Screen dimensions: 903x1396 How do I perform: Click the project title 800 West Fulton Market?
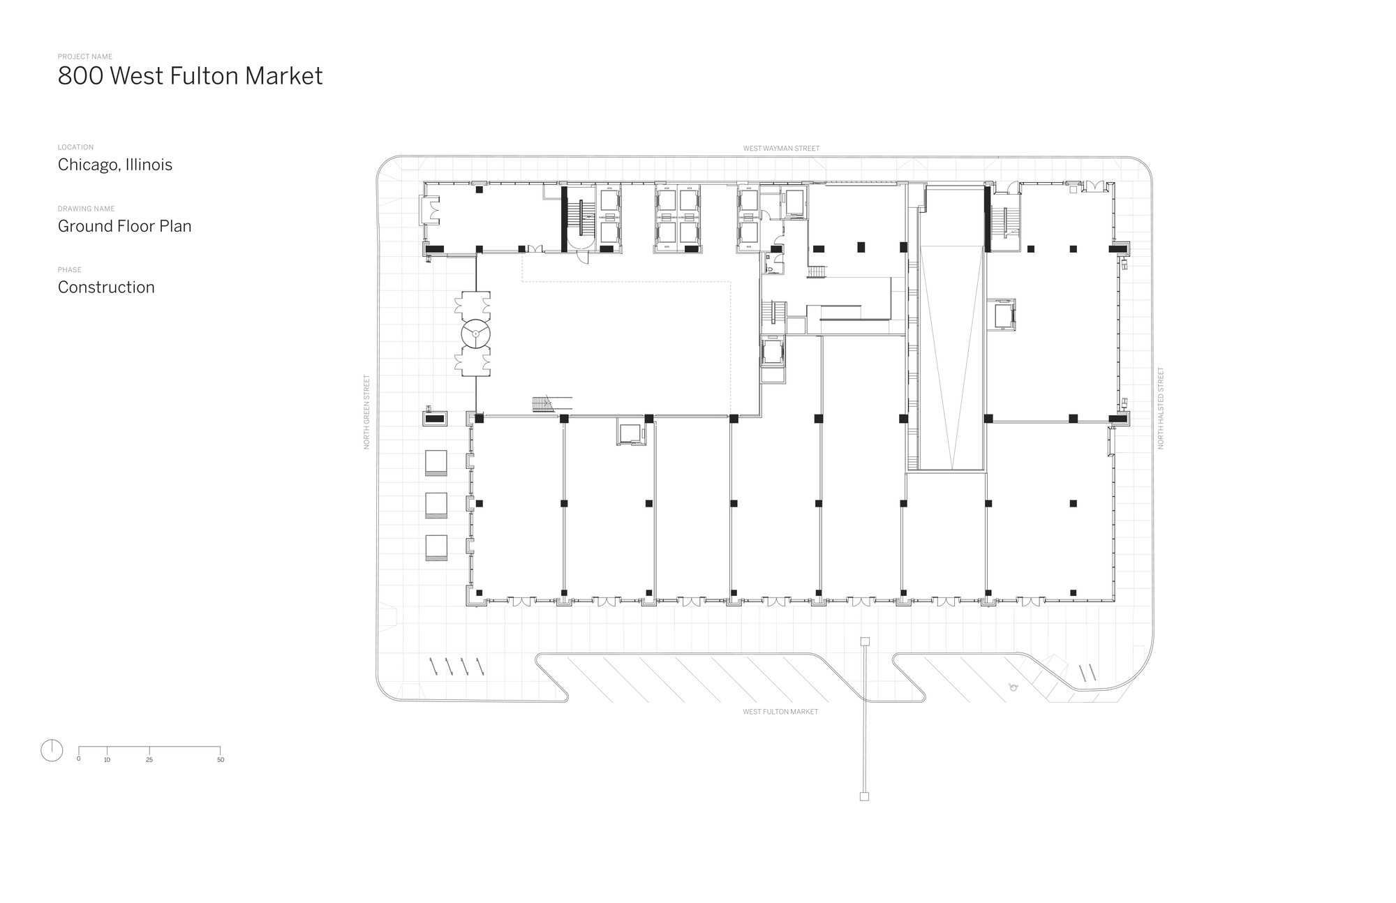coord(190,76)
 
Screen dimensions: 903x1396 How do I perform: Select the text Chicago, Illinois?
coord(115,165)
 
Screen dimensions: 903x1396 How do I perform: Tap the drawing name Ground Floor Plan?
coord(124,226)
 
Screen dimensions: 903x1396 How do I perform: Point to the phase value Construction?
coord(106,288)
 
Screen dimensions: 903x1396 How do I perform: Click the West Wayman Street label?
coord(781,149)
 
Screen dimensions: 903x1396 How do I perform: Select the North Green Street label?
coord(367,412)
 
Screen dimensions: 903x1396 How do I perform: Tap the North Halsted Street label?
coord(1161,408)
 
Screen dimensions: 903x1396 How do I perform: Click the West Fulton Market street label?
coord(780,712)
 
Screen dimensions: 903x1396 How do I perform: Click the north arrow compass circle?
coord(52,750)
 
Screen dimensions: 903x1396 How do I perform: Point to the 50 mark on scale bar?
coord(221,759)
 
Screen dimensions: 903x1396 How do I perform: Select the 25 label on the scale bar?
coord(149,759)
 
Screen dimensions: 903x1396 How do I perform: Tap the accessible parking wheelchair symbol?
coord(1013,687)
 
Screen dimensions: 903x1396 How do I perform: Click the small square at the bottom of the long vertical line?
coord(864,796)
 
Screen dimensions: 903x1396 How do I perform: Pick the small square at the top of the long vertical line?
coord(864,641)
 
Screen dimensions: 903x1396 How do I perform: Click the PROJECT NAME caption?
coord(84,57)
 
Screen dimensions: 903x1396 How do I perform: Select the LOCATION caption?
coord(75,147)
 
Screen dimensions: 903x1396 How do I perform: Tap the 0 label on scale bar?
coord(78,759)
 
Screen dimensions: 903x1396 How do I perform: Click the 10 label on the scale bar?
coord(107,759)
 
